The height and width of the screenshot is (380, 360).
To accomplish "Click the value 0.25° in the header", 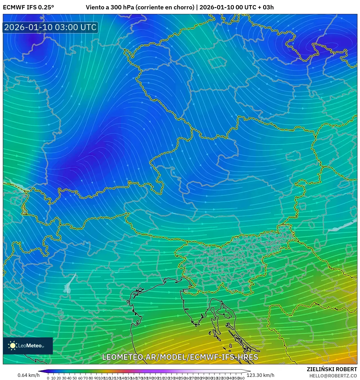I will click(x=46, y=7).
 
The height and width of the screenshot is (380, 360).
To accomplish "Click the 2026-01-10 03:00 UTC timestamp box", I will click(x=50, y=27).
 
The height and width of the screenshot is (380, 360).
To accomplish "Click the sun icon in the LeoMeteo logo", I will click(x=13, y=345).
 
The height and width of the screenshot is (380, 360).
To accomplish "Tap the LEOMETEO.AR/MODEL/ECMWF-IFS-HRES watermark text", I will click(x=180, y=357).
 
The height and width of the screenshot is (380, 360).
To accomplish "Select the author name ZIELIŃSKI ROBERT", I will click(x=332, y=369).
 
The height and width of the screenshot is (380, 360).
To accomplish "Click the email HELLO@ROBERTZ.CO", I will click(x=333, y=375).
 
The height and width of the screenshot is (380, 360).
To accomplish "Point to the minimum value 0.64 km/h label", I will click(x=28, y=375).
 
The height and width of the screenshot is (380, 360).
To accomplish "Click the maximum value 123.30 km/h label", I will click(x=260, y=375).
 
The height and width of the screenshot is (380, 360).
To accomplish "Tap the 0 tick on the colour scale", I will click(x=48, y=378).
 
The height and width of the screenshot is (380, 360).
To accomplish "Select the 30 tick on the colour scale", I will click(x=64, y=378).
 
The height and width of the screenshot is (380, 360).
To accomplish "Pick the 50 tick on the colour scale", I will click(x=75, y=378).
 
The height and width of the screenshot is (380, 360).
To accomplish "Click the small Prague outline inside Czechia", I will click(x=217, y=63).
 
